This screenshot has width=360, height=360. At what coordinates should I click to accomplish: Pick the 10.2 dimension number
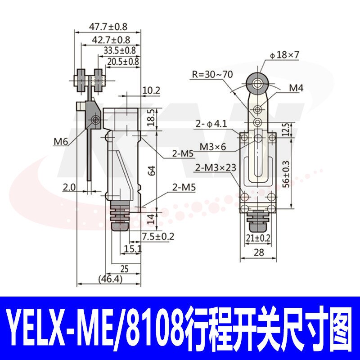coord(151,90)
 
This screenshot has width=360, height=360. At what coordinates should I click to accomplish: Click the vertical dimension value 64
coord(152,171)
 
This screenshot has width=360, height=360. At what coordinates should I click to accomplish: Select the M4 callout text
coord(296,88)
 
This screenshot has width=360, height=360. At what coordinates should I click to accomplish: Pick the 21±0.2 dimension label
coord(257,237)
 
